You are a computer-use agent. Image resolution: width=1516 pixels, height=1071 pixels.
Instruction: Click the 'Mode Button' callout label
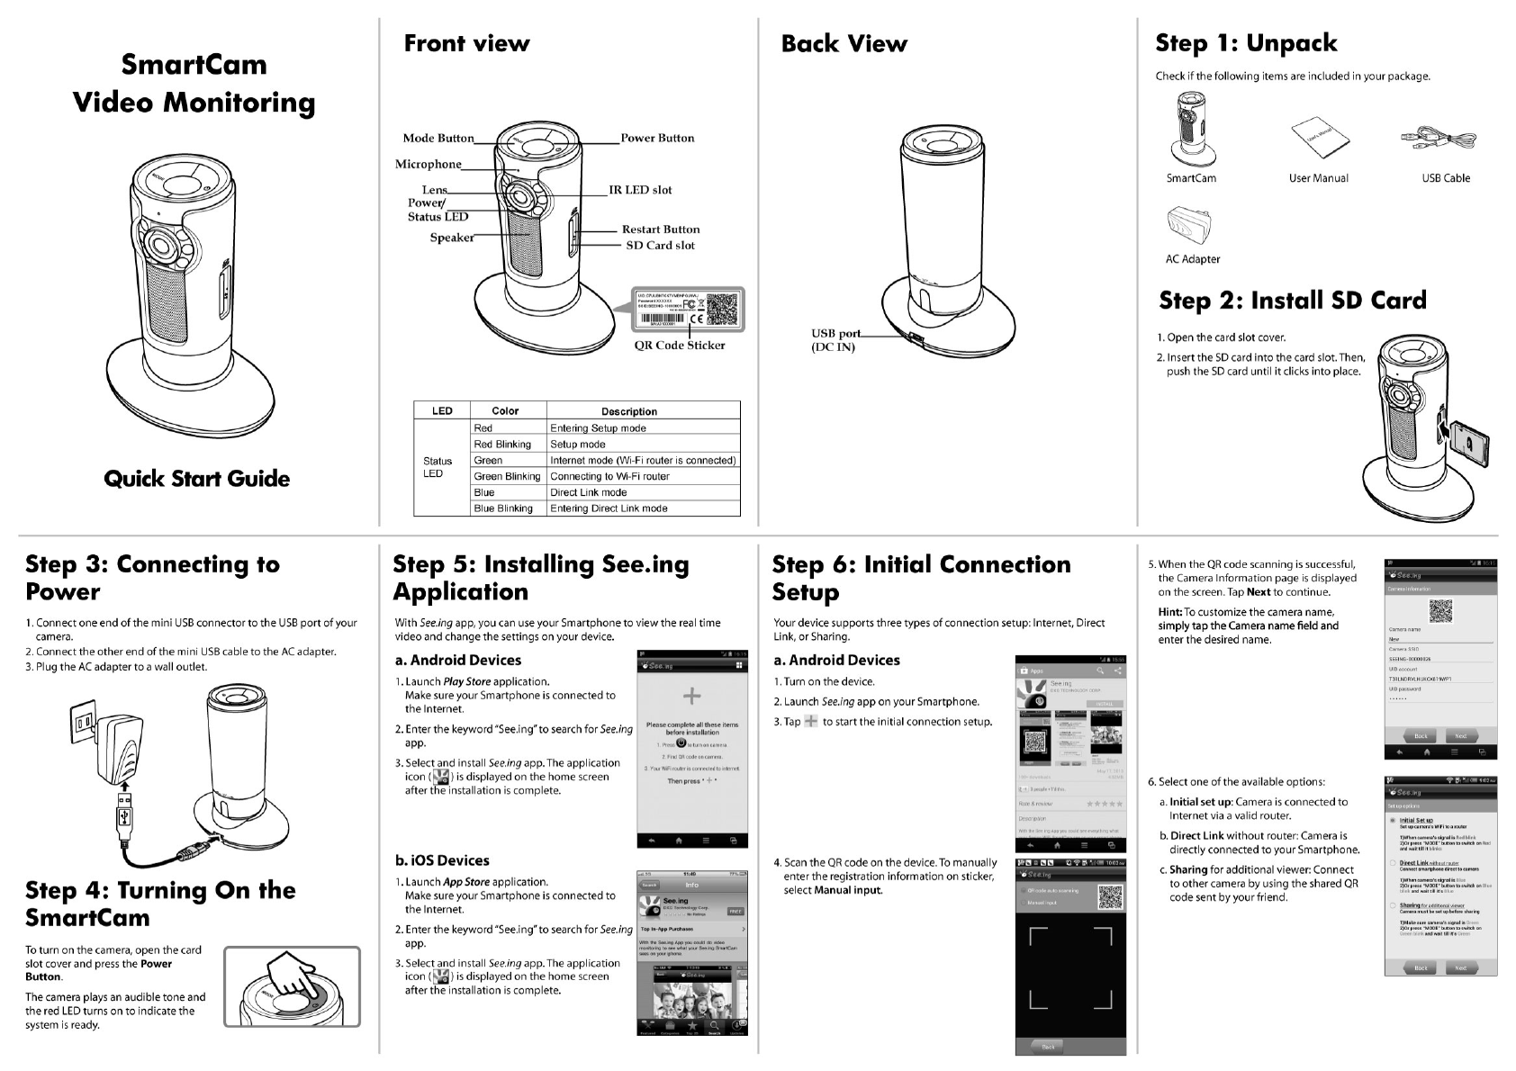[438, 138]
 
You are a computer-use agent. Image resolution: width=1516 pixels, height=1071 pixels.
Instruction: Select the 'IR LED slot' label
[639, 190]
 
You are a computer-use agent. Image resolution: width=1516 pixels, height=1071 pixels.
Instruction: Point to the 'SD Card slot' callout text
[660, 245]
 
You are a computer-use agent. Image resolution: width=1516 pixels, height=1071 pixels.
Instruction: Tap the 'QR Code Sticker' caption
[679, 345]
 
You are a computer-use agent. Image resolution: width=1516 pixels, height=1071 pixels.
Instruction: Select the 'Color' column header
[505, 411]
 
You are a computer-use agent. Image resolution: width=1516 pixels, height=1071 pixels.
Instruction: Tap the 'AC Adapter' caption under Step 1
[1192, 259]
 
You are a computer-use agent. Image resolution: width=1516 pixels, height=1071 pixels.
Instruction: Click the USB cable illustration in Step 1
[1438, 139]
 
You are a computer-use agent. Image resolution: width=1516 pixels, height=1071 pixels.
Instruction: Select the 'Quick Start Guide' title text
[196, 479]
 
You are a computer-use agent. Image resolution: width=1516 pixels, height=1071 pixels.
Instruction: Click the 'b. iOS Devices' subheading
[442, 860]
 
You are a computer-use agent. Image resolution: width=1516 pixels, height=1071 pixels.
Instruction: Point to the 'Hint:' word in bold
[1169, 612]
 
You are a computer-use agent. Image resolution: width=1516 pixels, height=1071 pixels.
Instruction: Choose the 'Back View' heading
[844, 43]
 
